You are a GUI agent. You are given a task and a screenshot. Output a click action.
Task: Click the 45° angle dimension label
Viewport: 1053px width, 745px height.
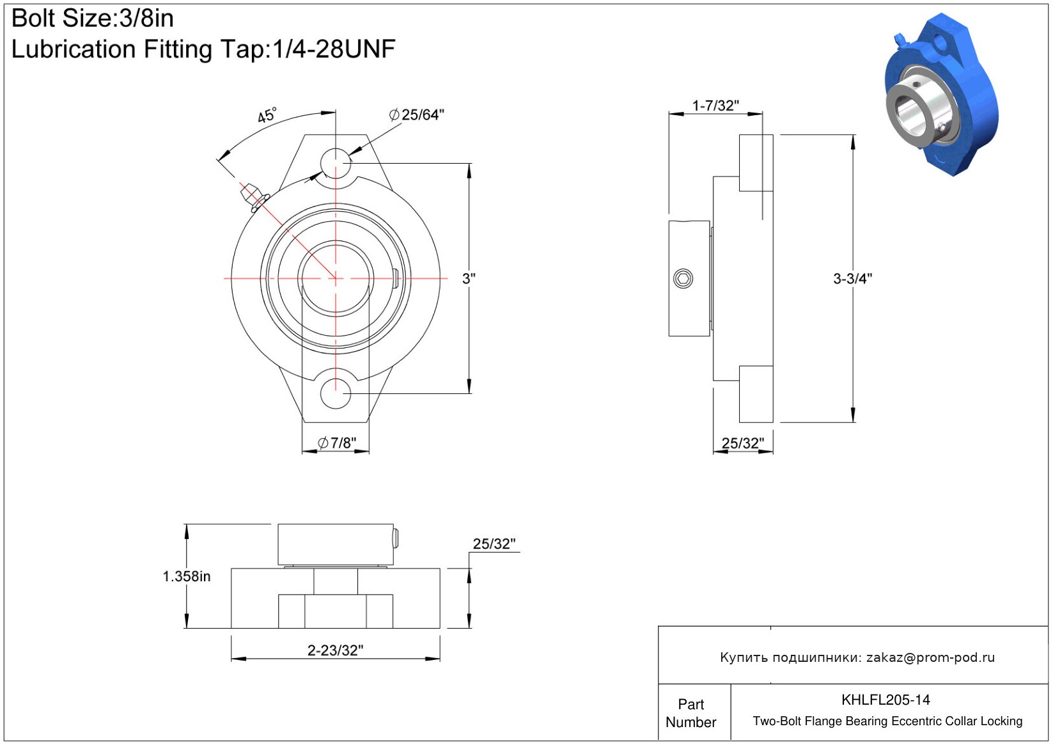click(267, 114)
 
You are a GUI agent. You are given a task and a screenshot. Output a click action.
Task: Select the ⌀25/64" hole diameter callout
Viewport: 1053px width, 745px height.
click(416, 114)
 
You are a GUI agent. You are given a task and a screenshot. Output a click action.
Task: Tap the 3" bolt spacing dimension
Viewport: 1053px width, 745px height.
click(469, 278)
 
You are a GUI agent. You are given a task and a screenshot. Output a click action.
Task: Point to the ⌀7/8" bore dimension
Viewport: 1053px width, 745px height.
click(336, 443)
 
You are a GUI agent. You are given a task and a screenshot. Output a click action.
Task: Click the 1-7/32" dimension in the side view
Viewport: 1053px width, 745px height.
click(715, 106)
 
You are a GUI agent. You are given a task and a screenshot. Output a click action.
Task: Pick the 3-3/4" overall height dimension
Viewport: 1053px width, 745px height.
click(852, 278)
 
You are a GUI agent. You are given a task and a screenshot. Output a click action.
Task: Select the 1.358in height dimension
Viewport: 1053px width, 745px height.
click(187, 576)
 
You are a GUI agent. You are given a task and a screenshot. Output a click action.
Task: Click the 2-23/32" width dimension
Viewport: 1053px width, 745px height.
click(335, 650)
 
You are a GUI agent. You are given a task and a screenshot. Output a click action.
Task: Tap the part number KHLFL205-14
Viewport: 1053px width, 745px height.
click(885, 700)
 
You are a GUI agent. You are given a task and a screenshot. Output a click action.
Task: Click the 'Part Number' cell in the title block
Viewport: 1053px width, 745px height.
click(690, 713)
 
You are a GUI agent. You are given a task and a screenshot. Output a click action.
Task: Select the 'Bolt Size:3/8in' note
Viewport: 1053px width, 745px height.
click(92, 19)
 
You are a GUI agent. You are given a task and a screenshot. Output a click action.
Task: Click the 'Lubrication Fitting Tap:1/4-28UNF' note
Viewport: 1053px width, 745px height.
click(203, 49)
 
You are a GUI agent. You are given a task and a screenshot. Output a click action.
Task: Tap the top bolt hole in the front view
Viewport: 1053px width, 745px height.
click(336, 163)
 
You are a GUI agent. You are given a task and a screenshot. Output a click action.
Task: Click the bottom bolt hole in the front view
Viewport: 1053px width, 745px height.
click(336, 393)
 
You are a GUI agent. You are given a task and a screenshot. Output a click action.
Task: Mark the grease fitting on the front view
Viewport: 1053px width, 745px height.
click(254, 198)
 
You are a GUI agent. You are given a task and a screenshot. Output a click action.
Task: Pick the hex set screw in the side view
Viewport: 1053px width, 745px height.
click(683, 278)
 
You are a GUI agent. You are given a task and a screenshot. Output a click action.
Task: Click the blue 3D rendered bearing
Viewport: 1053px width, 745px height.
click(942, 94)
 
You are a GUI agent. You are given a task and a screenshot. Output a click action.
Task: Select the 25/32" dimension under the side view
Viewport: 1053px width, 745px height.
click(743, 443)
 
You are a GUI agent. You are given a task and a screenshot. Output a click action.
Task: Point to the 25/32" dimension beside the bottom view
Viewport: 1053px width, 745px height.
click(494, 544)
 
